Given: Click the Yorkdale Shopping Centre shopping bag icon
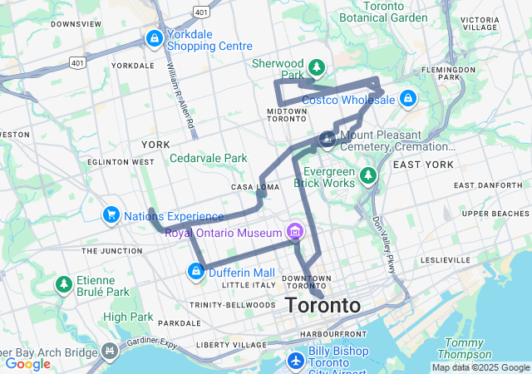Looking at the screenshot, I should coord(154,38).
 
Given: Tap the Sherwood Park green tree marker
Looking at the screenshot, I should coord(316,67).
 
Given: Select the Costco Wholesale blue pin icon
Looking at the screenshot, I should coord(406,100).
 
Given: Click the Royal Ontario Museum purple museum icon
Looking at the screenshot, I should coord(293,232).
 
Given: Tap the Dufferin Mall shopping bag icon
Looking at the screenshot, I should coord(195,272).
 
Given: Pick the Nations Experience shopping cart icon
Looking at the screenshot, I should coord(111,216).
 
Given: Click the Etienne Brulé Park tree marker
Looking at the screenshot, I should coord(63,285).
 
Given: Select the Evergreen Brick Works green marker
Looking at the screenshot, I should coord(368,177).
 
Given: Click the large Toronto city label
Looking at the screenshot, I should coord(323,305).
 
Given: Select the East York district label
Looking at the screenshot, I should coord(423,165).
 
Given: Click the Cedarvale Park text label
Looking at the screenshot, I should coord(209,158).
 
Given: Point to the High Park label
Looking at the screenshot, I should coord(128,317).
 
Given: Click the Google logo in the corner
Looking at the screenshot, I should coord(28,364).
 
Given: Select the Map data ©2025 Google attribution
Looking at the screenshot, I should coord(480,367).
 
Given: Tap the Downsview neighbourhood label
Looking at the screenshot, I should coord(76,24).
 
